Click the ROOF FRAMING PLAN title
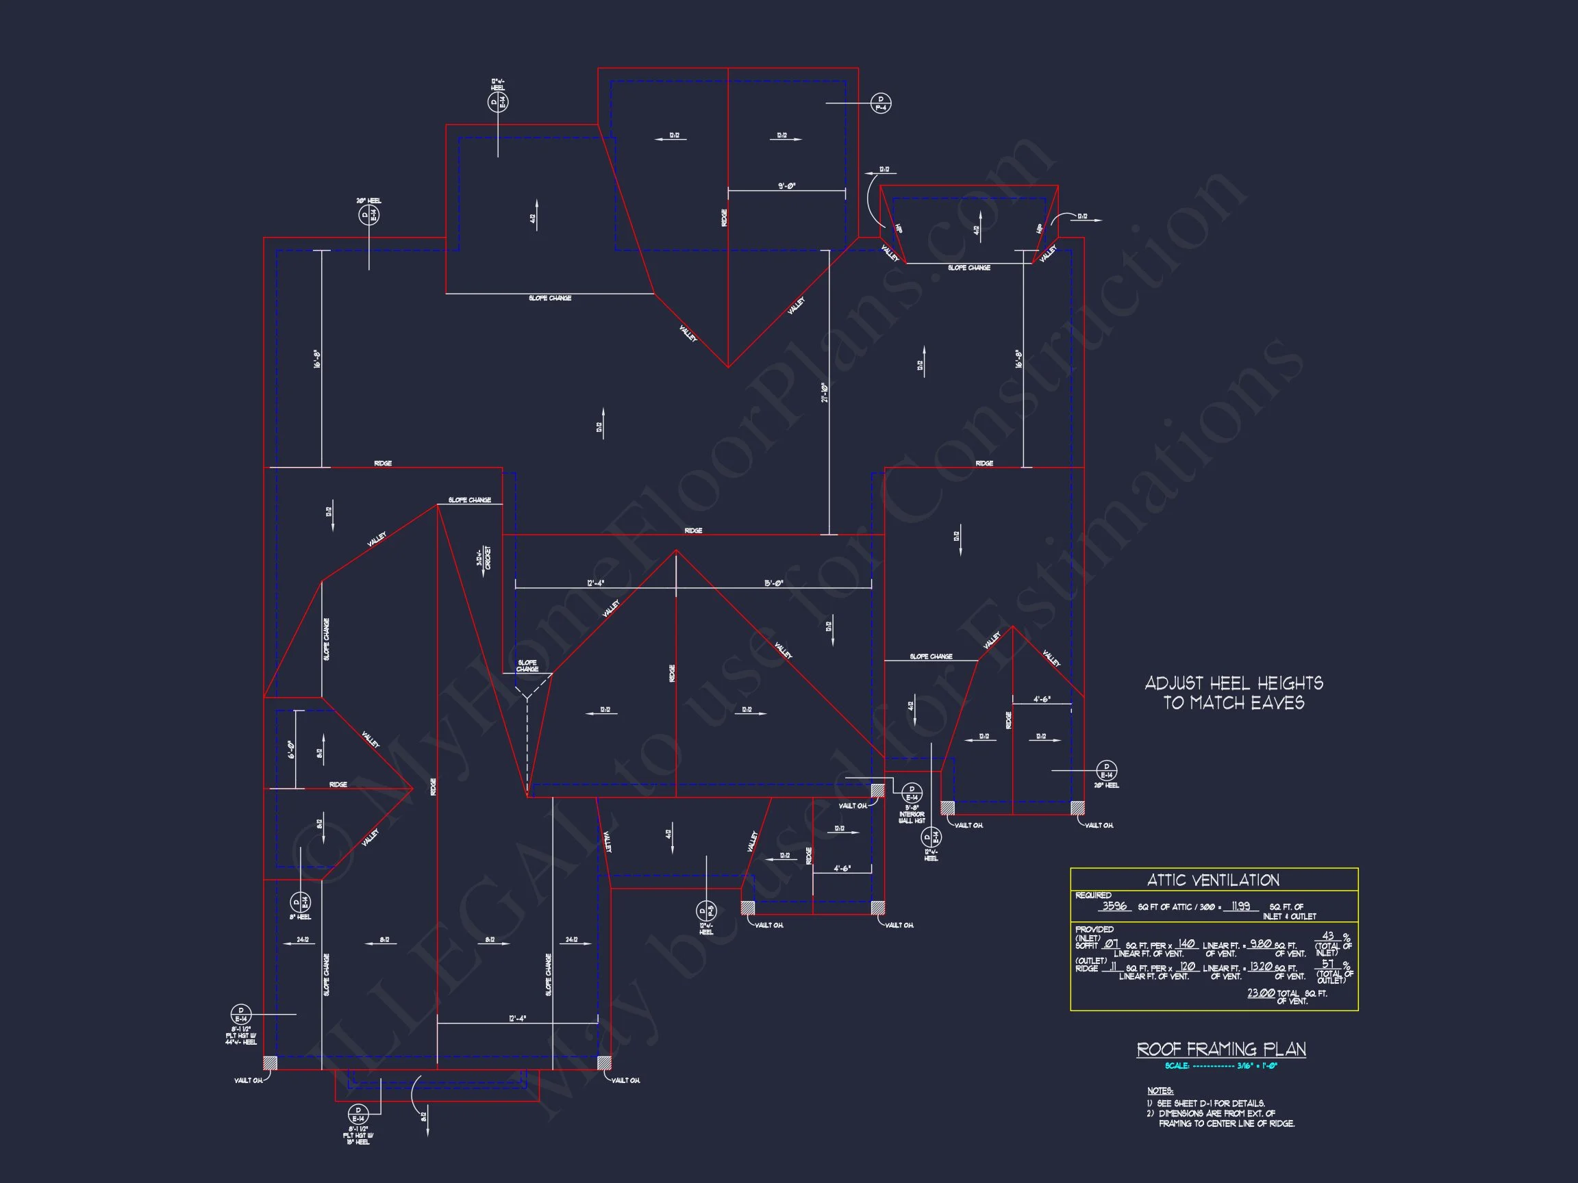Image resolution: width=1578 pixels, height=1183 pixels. pos(1220,1049)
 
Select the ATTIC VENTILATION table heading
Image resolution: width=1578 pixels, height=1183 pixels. pos(1213,880)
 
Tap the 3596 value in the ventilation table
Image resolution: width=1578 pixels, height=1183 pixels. pos(1114,906)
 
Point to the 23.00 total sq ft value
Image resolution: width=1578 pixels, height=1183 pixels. pos(1260,993)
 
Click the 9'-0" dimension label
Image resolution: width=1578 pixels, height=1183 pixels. pos(786,186)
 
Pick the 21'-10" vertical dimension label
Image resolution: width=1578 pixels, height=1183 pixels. pos(824,392)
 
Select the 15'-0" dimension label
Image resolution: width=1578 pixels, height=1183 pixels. pos(773,583)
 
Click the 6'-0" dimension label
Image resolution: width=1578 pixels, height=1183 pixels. pos(291,750)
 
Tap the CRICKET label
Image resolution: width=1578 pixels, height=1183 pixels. pos(484,557)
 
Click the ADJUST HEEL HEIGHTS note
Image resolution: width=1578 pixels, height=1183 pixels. pos(1233,692)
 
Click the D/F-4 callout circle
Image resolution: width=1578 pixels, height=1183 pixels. pos(881,103)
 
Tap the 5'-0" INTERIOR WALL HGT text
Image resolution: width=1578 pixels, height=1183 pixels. pos(912,814)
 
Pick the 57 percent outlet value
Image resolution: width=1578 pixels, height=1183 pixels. pos(1327,963)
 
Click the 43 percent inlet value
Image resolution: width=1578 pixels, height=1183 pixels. pos(1327,936)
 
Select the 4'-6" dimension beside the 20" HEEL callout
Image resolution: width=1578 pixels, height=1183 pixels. pos(1042,700)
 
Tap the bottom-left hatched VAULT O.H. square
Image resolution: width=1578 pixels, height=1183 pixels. pos(270,1063)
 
